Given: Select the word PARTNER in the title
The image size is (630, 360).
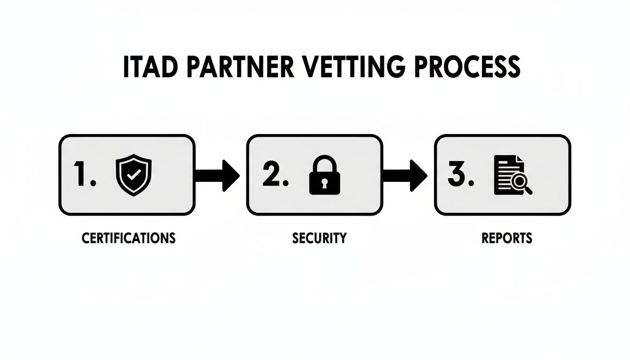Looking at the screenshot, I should pos(241,67).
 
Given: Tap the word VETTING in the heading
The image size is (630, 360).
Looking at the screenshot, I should pos(354,67).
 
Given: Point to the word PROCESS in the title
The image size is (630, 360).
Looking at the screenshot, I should pos(470,67).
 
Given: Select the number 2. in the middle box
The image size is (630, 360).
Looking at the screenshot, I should pos(275,175).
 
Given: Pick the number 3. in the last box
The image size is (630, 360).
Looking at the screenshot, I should pos(461,175).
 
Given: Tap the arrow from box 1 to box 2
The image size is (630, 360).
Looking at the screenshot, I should pos(217,175).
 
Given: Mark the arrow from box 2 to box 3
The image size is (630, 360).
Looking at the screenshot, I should pos(404,175).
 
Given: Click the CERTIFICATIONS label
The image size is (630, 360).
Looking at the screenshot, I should pos(128,238).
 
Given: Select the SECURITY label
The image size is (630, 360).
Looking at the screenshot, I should pos(319,238).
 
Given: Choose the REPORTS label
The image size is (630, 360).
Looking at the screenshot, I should pos(507,238).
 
